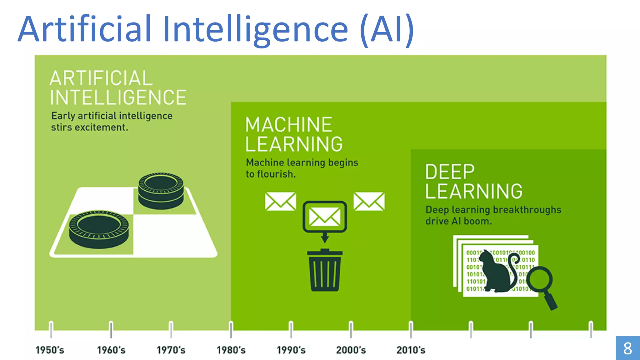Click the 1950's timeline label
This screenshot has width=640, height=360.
pyautogui.click(x=50, y=350)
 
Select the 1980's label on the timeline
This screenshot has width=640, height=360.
pyautogui.click(x=231, y=350)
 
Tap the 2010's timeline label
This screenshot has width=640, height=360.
pyautogui.click(x=411, y=350)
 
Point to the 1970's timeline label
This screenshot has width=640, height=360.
pyautogui.click(x=171, y=350)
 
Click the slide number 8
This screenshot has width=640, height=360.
pyautogui.click(x=627, y=348)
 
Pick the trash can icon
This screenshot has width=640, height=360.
pyautogui.click(x=325, y=270)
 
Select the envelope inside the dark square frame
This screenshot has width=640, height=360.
pyautogui.click(x=325, y=217)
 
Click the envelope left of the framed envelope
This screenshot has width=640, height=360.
pyautogui.click(x=280, y=201)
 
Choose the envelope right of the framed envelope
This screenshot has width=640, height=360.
pyautogui.click(x=369, y=201)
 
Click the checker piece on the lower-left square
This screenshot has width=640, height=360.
pyautogui.click(x=99, y=229)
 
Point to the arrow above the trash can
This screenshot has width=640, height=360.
pyautogui.click(x=325, y=237)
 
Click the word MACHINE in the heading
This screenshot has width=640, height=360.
pyautogui.click(x=288, y=125)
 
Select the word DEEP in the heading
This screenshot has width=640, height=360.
pyautogui.click(x=450, y=172)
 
